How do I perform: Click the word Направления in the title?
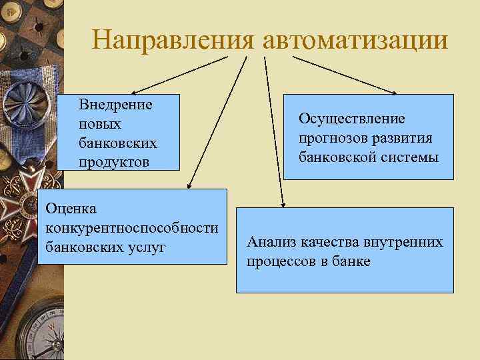[x=173, y=40]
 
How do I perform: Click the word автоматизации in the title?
[x=355, y=40]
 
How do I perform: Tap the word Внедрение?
[x=115, y=105]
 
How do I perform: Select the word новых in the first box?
[x=100, y=124]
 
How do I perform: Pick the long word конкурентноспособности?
[x=131, y=228]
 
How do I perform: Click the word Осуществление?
[x=351, y=118]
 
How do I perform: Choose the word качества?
[x=328, y=242]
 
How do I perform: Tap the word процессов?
[x=280, y=261]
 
